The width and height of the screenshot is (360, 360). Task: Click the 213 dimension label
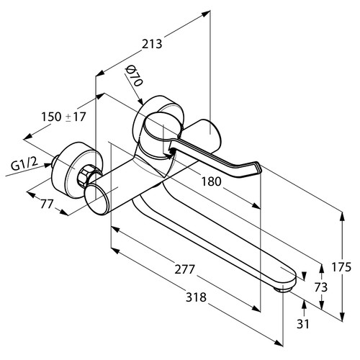click(x=152, y=44)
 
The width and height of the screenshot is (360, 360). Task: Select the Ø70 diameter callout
click(x=135, y=76)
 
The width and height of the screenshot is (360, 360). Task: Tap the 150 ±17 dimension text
click(x=63, y=117)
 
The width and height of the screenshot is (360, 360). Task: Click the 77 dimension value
click(x=47, y=204)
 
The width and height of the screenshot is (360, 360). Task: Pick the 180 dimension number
click(x=211, y=181)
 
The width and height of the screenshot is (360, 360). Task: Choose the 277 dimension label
click(x=184, y=269)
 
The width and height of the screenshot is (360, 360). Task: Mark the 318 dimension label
click(x=196, y=297)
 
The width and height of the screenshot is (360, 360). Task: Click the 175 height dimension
click(x=341, y=267)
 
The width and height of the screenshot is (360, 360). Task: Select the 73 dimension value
click(x=321, y=287)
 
